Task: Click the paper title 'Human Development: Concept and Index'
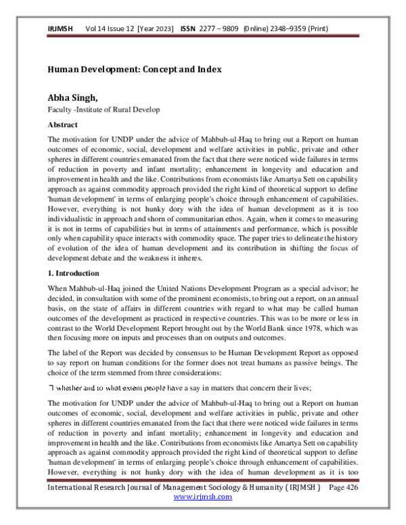coord(134,70)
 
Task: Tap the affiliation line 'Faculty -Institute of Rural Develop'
coord(103,110)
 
